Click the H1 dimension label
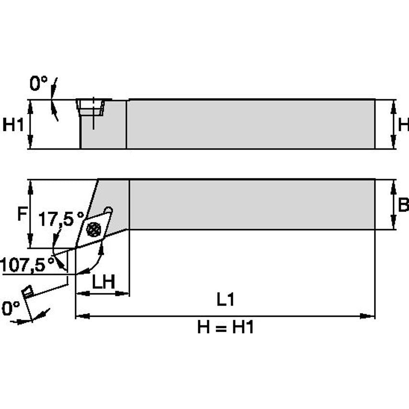(x=13, y=125)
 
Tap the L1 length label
(x=225, y=300)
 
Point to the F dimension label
(x=21, y=215)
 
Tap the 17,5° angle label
(x=61, y=219)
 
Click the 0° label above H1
(x=39, y=84)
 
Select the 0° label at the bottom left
(x=11, y=308)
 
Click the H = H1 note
(x=225, y=328)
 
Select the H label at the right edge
(x=403, y=125)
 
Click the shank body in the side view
(x=249, y=125)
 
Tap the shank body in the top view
(x=249, y=204)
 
